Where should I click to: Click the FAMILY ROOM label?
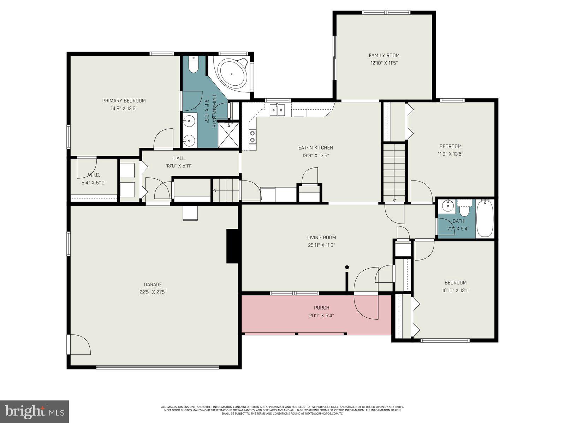[384, 55]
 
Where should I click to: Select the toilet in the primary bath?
[194, 65]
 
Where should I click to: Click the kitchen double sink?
[277, 110]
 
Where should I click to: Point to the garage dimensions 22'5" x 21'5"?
[153, 292]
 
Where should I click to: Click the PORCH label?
[321, 308]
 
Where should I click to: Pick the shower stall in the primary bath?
[228, 135]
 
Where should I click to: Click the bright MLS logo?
[34, 411]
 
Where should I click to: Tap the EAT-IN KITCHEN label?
[315, 148]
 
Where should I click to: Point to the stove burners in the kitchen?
[252, 136]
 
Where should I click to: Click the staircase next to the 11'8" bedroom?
[394, 173]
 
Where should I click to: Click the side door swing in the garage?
[79, 344]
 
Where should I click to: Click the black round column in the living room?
[347, 267]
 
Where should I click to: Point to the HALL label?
[179, 158]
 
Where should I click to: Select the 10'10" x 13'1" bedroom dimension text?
[455, 290]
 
